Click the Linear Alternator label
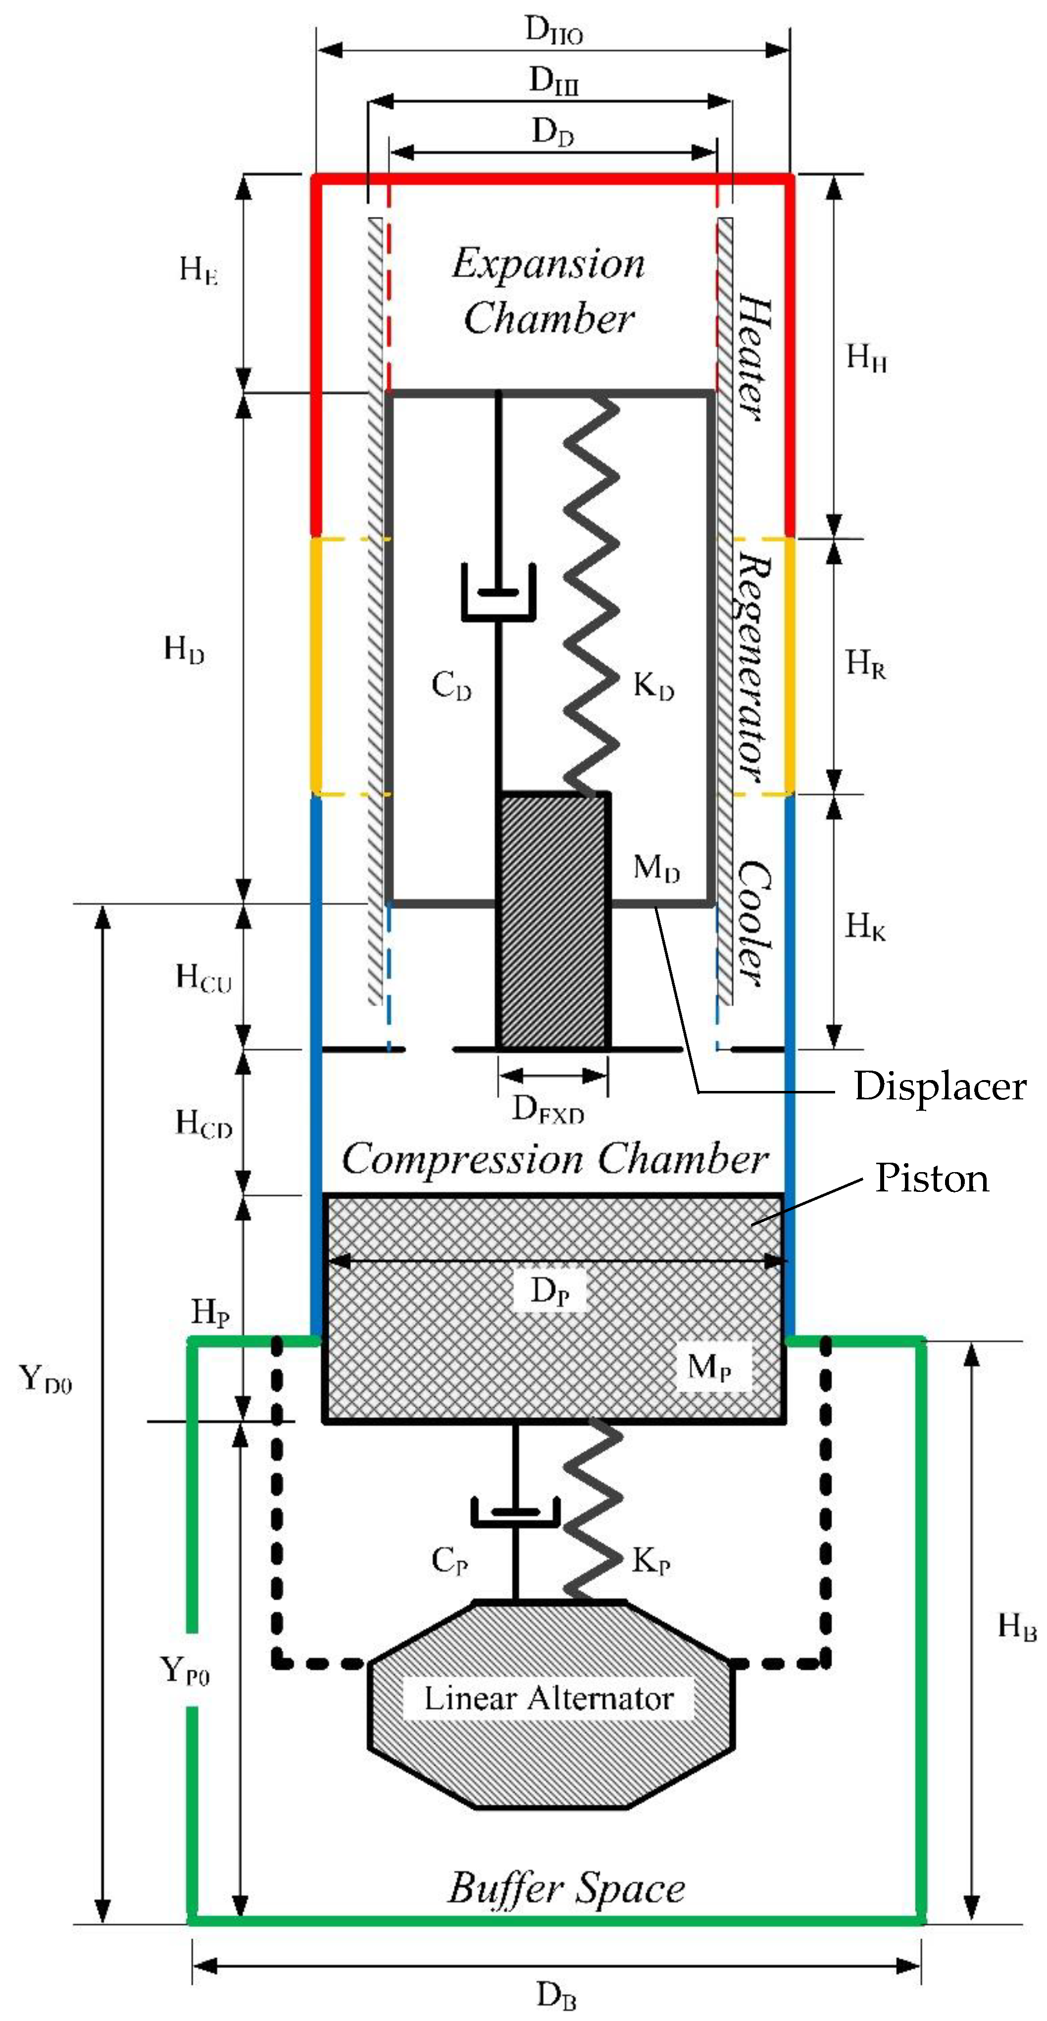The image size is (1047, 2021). click(548, 1699)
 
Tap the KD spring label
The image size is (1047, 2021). click(653, 687)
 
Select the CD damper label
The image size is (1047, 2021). click(451, 686)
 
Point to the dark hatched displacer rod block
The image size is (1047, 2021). click(553, 922)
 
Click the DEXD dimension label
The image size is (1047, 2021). click(548, 1109)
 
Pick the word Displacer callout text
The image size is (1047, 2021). click(940, 1086)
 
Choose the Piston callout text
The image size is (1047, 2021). click(932, 1179)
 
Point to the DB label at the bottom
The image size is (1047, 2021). click(556, 1994)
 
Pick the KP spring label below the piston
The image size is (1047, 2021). click(650, 1561)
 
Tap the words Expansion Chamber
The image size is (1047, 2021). click(548, 290)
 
